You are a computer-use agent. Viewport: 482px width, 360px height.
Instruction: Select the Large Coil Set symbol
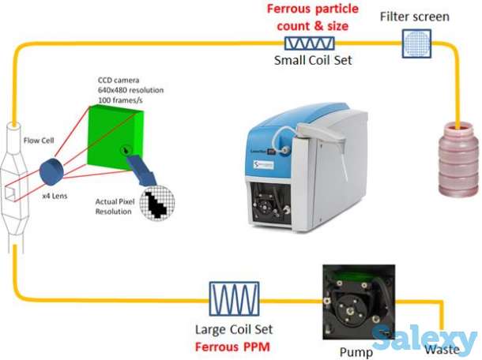[x=235, y=299]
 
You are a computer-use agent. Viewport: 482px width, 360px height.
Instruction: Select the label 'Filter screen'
[x=415, y=17]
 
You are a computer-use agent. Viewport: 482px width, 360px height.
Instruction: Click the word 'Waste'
[x=441, y=348]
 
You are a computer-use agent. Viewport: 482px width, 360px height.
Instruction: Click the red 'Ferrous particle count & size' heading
[x=312, y=16]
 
